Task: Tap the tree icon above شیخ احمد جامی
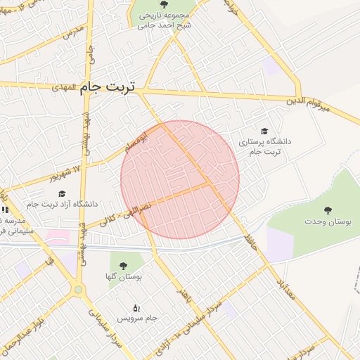(164, 5)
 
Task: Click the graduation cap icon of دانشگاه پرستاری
(264, 131)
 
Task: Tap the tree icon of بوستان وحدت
(328, 210)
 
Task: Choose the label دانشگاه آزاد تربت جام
(62, 205)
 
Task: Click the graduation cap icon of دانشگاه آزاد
(61, 193)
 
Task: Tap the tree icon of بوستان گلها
(123, 266)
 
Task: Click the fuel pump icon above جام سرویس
(136, 307)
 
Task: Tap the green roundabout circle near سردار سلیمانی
(78, 289)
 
